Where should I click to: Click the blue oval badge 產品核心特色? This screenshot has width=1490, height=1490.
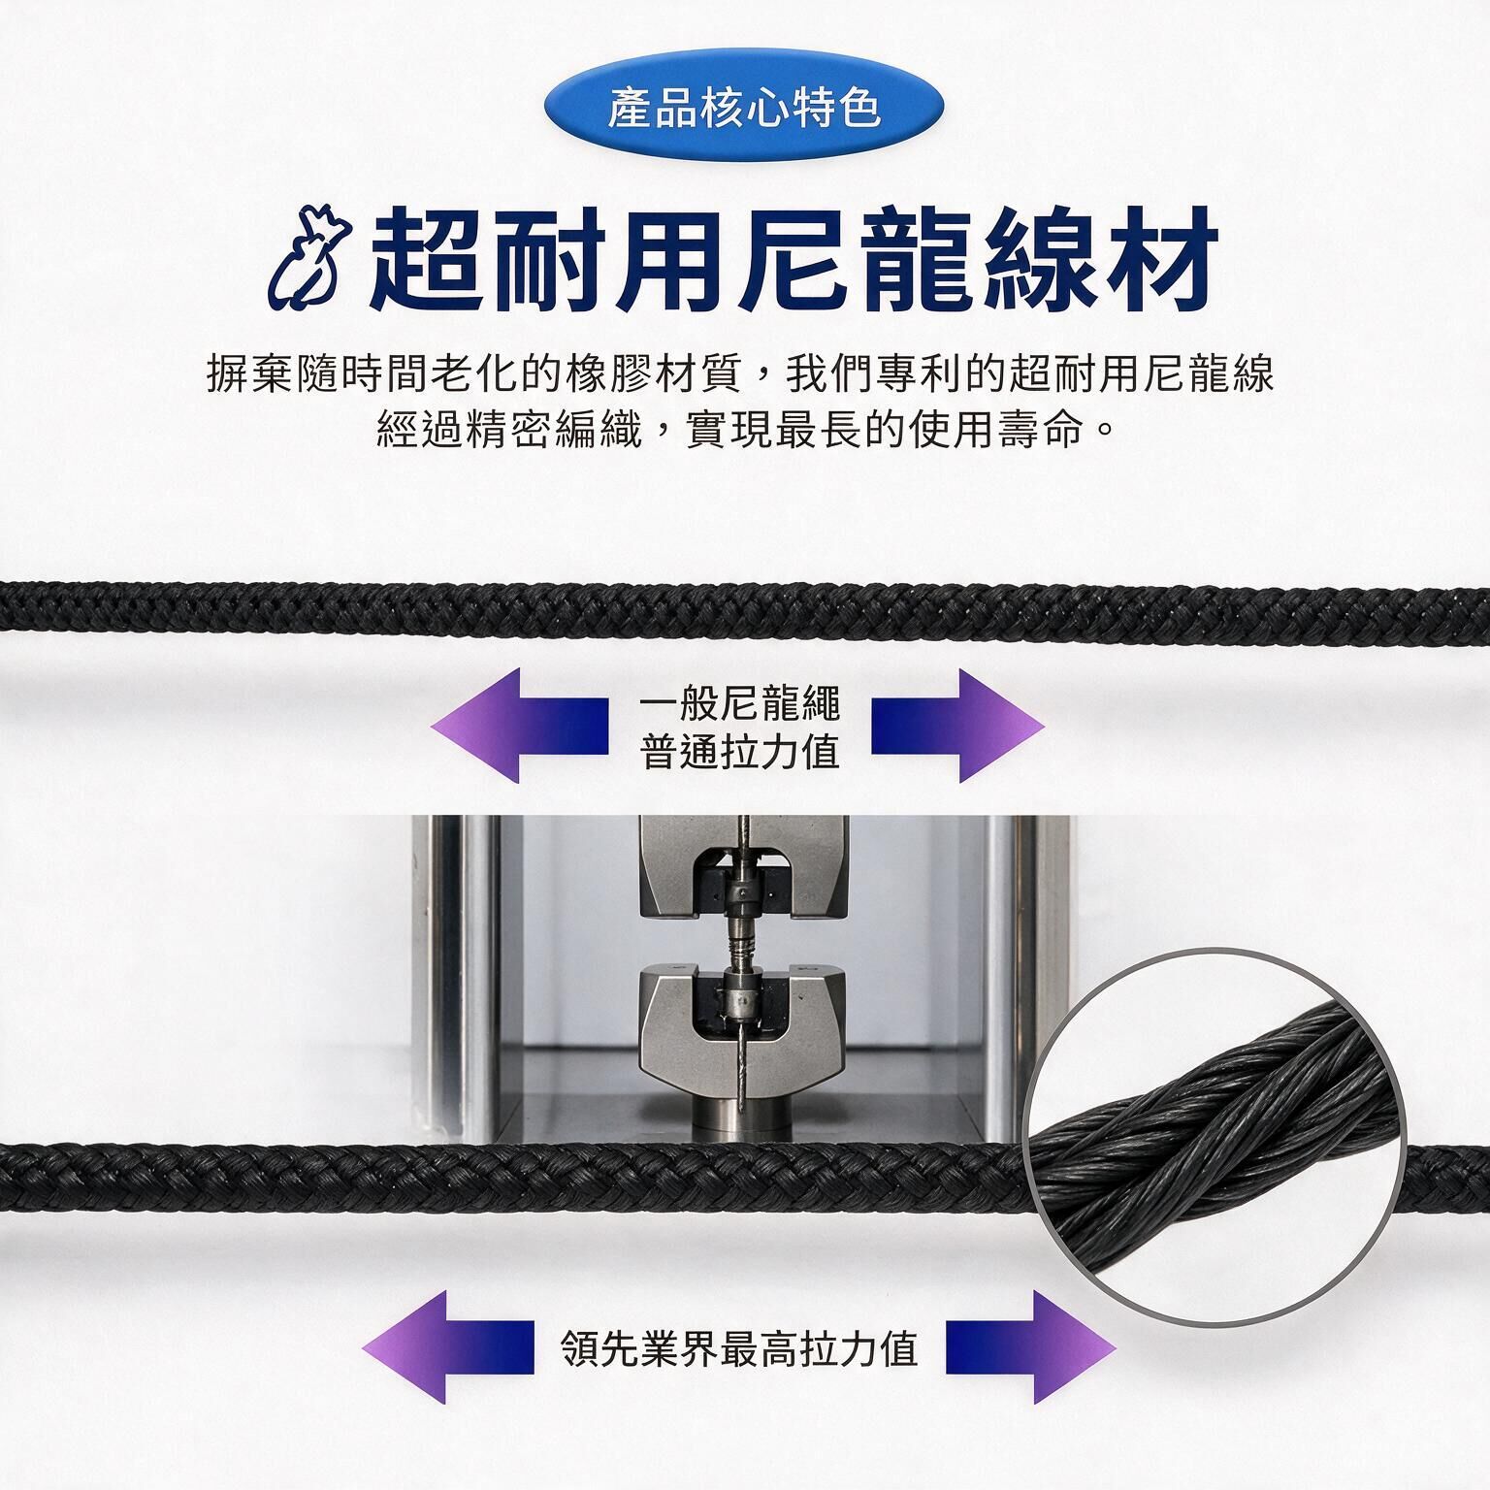tap(744, 108)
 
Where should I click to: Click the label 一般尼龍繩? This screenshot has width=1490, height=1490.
tap(739, 704)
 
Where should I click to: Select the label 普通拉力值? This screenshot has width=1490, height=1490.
tap(739, 751)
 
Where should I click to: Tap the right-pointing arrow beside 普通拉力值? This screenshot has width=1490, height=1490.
tap(957, 725)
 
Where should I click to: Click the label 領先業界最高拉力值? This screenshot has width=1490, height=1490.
tap(739, 1347)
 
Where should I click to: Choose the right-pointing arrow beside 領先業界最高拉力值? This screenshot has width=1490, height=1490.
tap(1031, 1346)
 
